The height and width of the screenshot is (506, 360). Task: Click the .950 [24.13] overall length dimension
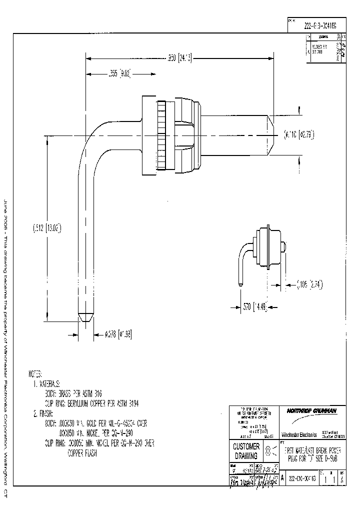tap(179, 57)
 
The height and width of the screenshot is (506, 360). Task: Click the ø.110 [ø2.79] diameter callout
tap(299, 134)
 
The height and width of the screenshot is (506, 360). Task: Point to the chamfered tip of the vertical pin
tap(86, 317)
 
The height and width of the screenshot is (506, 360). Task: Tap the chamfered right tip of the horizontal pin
tap(272, 135)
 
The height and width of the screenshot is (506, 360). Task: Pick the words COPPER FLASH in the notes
tap(82, 454)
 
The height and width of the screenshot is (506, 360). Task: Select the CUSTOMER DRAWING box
tap(246, 451)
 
